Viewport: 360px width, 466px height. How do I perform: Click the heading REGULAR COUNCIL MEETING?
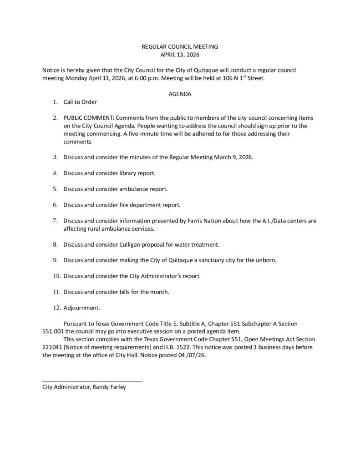[x=180, y=46]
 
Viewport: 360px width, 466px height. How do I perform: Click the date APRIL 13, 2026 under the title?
[x=180, y=55]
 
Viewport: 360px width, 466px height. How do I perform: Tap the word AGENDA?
[x=180, y=94]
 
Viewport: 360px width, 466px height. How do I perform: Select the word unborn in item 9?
[x=265, y=260]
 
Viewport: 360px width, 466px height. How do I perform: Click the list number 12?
[x=57, y=308]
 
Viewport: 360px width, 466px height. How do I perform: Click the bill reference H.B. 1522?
[x=172, y=347]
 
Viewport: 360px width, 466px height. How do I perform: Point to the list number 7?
[x=55, y=221]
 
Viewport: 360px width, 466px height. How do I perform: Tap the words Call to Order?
[x=80, y=102]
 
